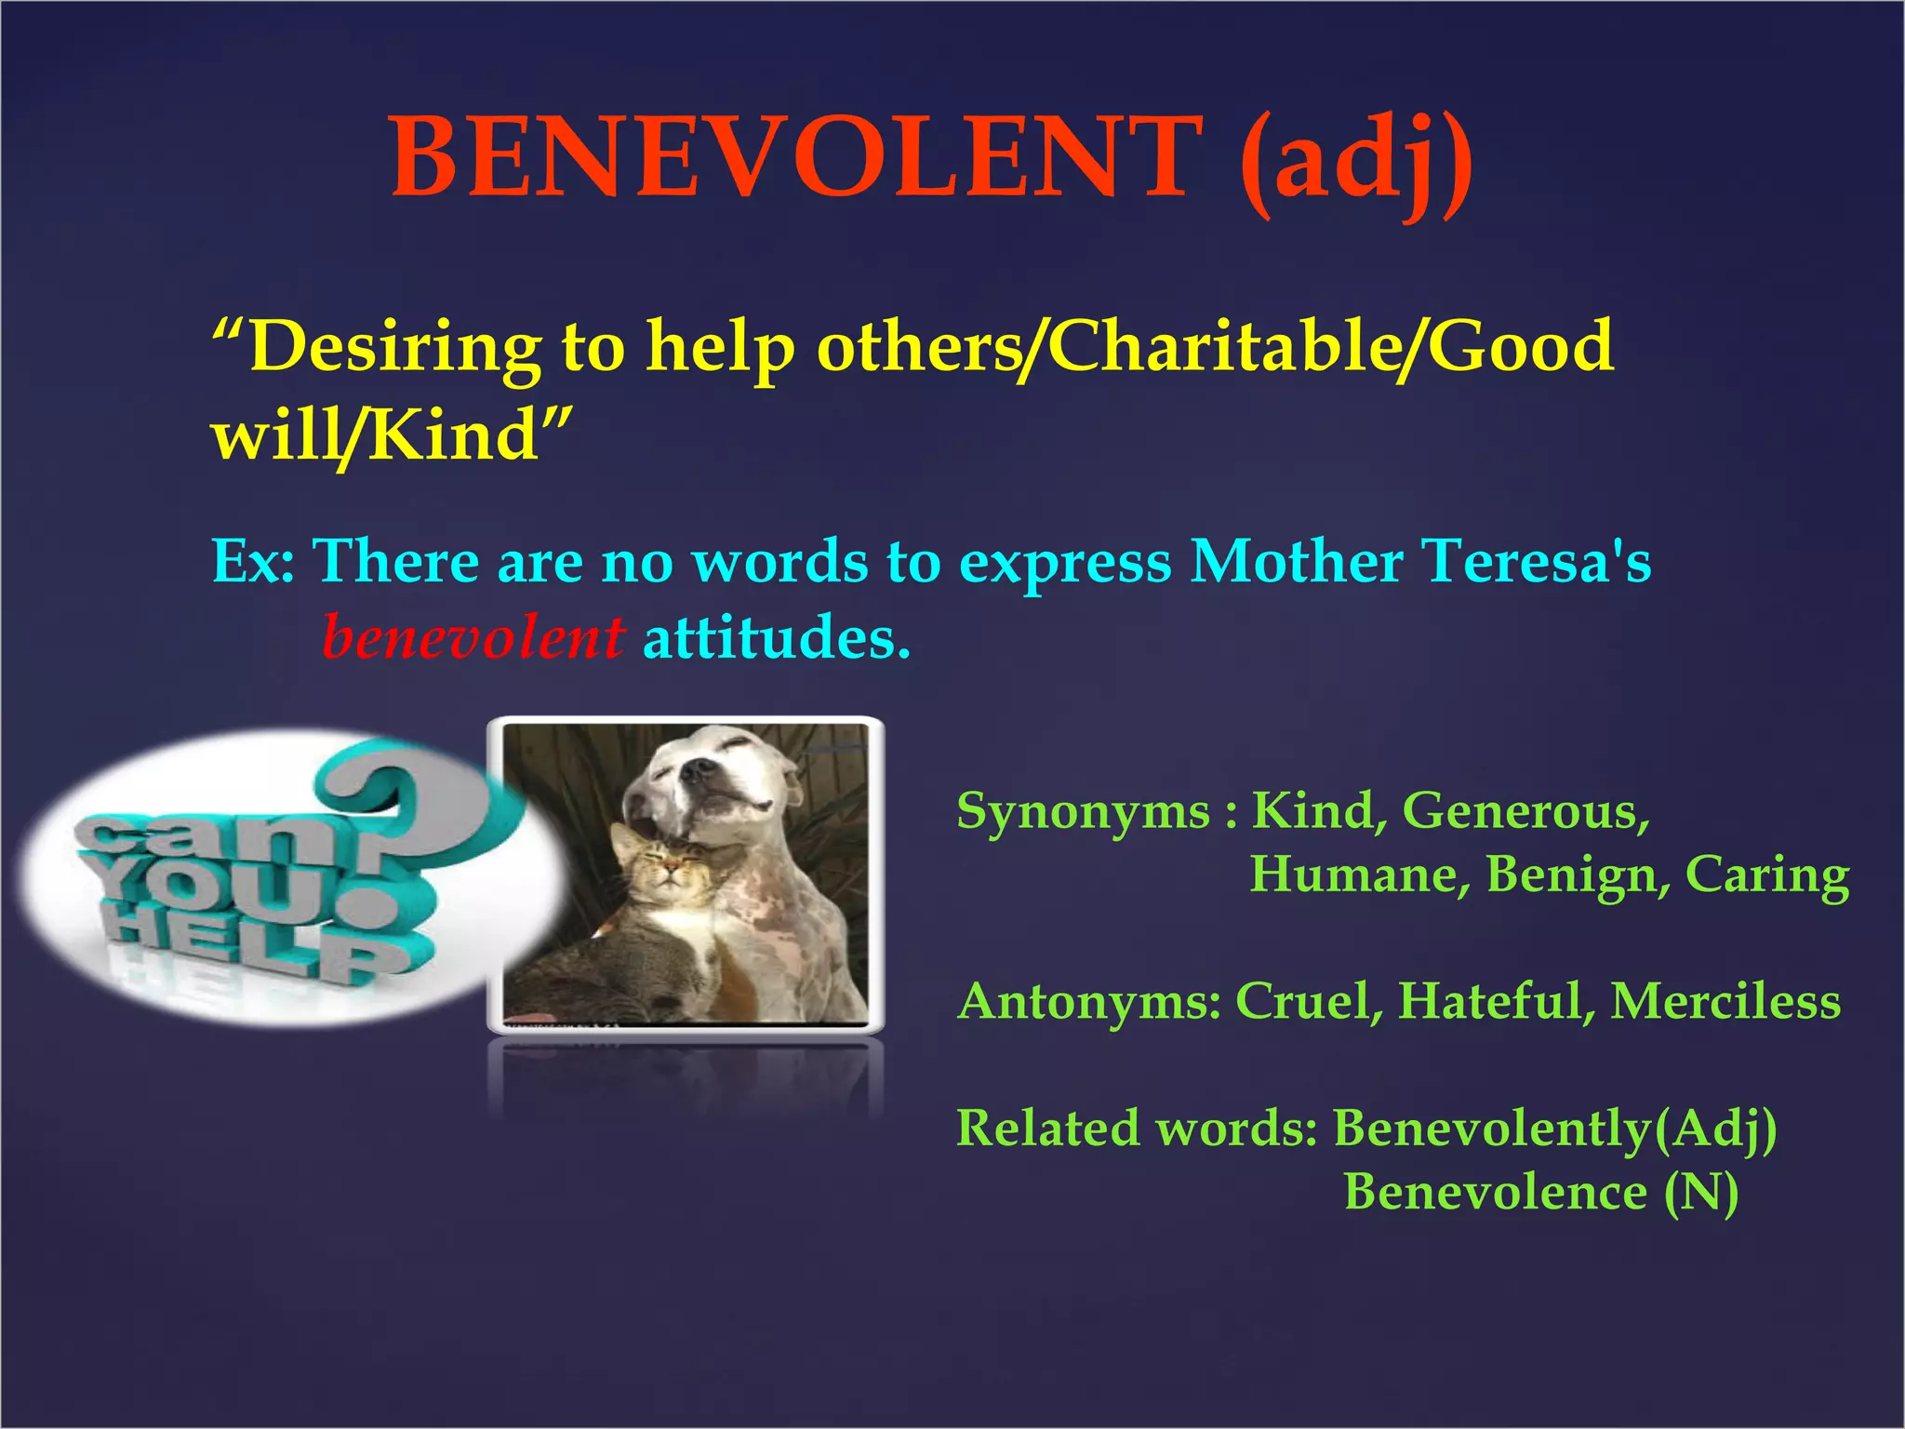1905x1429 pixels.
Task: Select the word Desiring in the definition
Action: [x=394, y=346]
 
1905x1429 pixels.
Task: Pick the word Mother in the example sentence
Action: [x=1297, y=562]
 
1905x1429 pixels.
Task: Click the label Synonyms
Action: [x=1084, y=810]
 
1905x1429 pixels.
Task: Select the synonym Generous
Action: [x=1525, y=810]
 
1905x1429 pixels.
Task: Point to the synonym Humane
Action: [x=1359, y=875]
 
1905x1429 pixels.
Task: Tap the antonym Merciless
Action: [x=1725, y=1001]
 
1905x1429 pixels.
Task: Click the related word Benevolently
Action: [x=1492, y=1128]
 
